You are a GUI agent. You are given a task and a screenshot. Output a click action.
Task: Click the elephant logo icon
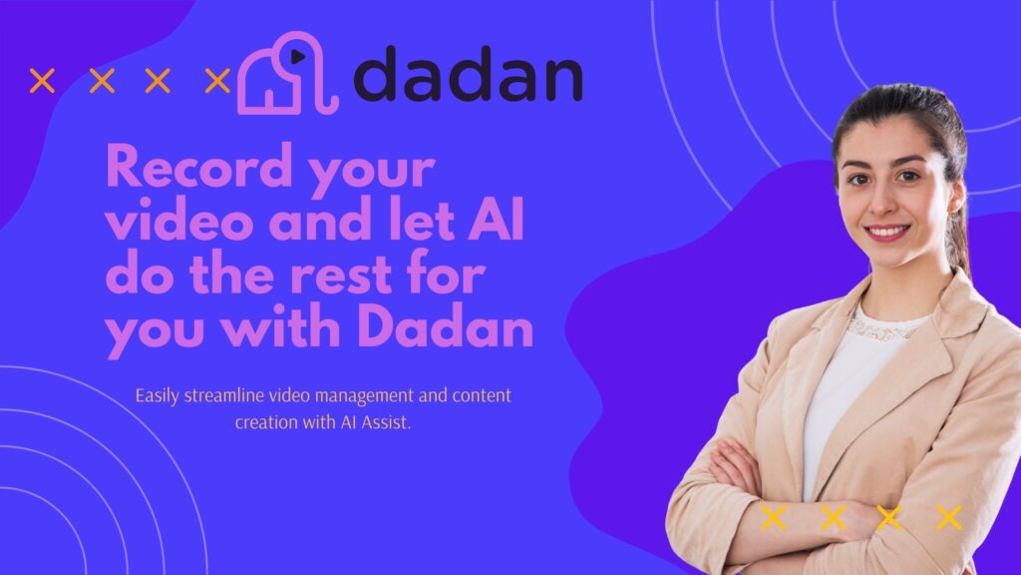(287, 74)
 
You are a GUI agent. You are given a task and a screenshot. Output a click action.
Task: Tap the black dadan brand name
(469, 74)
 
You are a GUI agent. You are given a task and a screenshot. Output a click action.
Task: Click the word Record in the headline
(199, 167)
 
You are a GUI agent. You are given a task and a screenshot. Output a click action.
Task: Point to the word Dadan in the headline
(446, 326)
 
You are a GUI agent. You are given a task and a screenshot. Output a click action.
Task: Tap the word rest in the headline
(341, 274)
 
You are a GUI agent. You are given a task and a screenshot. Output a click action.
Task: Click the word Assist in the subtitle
(386, 422)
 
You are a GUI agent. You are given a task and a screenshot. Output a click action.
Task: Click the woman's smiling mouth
(886, 232)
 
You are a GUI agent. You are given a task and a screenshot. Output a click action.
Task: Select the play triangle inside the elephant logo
(298, 57)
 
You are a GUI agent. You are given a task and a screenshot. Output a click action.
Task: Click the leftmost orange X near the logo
(42, 81)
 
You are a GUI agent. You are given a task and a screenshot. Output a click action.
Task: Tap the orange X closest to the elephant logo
(217, 81)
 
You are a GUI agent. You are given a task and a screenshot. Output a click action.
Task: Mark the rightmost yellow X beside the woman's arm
(949, 518)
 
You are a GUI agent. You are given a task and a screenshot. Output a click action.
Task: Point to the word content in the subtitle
(482, 395)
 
